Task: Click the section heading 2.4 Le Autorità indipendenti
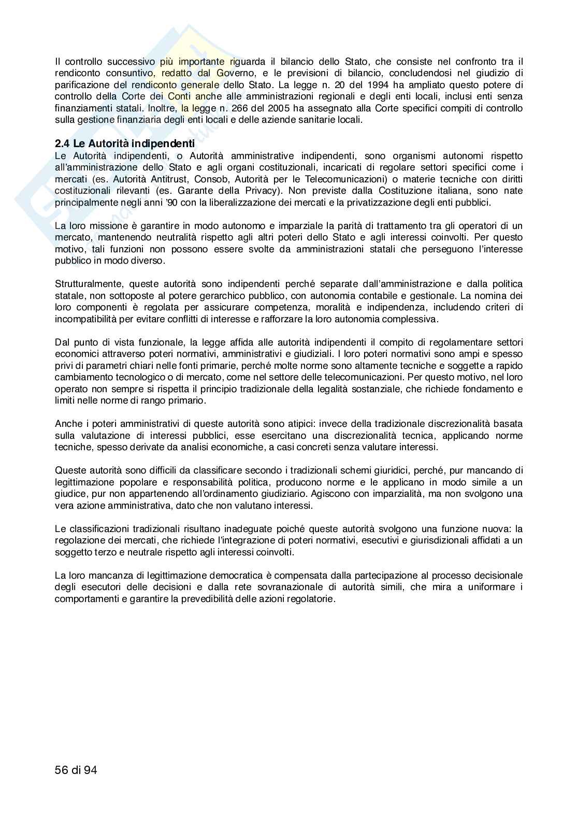point(124,143)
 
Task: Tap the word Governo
point(223,73)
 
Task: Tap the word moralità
point(324,307)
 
